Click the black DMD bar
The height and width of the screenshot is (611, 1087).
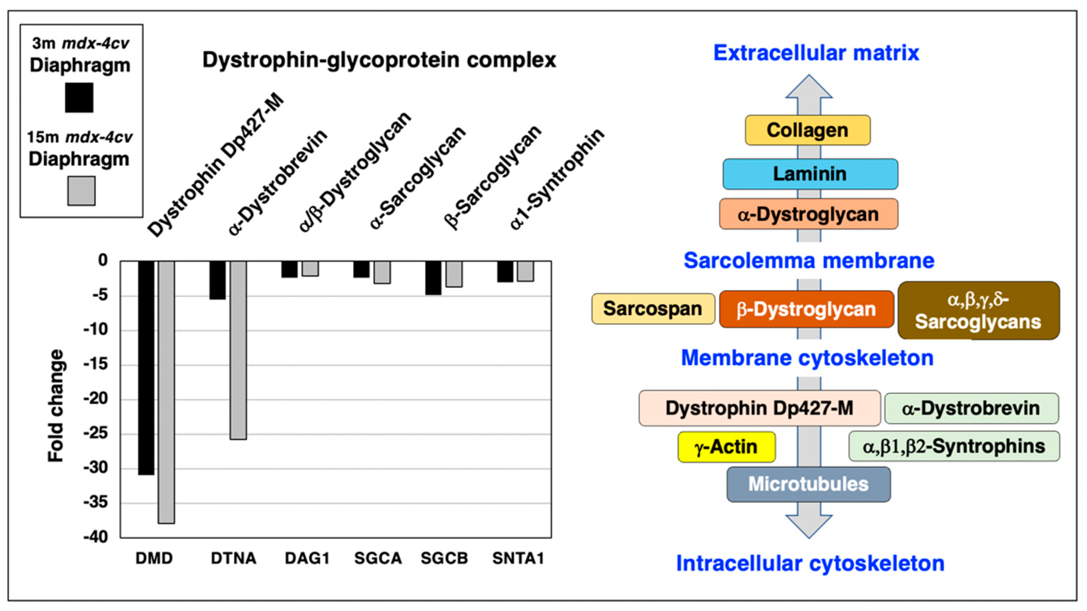click(146, 367)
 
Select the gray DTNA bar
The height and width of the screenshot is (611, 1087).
click(238, 350)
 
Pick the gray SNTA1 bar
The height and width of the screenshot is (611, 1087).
click(525, 271)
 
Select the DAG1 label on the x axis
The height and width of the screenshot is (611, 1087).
click(307, 558)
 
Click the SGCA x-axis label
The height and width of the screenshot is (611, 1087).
click(378, 558)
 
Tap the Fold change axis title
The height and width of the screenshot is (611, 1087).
click(56, 405)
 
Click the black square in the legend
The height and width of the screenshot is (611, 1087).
click(79, 97)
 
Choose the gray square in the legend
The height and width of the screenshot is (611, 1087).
click(81, 191)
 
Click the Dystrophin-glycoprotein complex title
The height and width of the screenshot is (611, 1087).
click(379, 60)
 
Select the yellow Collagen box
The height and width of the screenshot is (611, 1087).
click(807, 130)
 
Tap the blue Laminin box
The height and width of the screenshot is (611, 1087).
click(810, 174)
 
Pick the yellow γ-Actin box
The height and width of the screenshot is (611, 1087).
click(726, 447)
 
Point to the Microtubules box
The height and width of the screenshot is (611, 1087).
click(808, 484)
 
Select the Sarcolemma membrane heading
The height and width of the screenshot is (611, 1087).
click(808, 261)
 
